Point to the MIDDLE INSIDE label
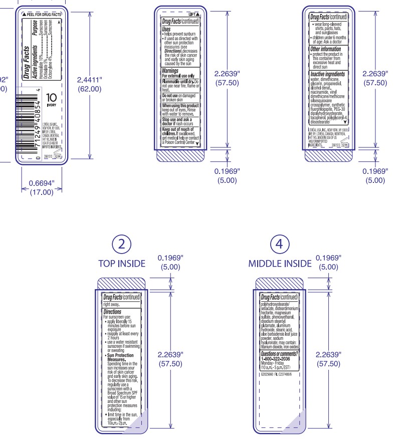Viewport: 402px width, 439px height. coord(280,263)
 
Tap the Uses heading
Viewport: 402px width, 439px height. coord(166,29)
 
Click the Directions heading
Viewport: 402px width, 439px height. coord(112,312)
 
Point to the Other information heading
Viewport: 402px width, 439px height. coord(326,49)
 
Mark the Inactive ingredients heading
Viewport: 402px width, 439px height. coord(328,74)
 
